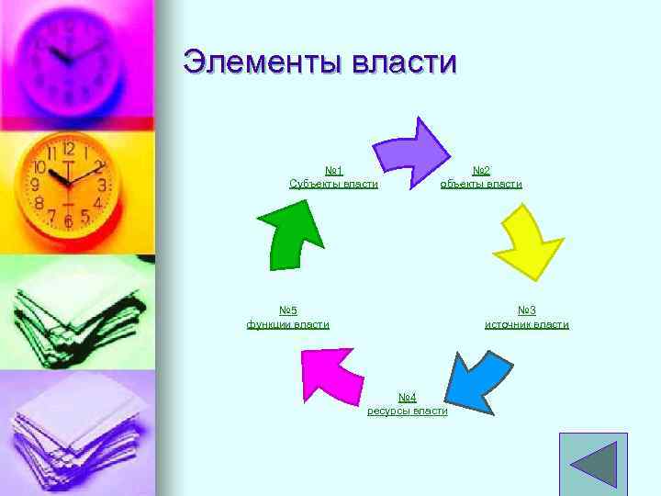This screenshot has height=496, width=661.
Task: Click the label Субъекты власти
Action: [x=333, y=184]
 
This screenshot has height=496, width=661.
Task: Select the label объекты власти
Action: [x=481, y=184]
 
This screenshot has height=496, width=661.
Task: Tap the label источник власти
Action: [x=527, y=324]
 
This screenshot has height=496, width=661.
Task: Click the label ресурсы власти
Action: [x=408, y=411]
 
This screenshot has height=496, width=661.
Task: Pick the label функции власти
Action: [x=288, y=324]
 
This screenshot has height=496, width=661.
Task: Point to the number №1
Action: [x=333, y=171]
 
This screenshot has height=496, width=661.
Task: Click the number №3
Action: [x=527, y=310]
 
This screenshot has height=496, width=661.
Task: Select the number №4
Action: [x=408, y=397]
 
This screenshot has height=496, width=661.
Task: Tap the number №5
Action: [x=288, y=310]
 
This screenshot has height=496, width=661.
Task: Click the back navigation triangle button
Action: [x=593, y=465]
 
